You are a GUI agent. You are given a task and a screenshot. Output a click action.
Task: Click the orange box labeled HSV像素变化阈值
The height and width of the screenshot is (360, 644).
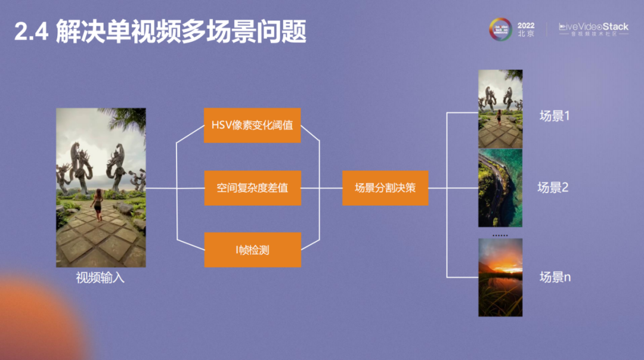click(x=252, y=125)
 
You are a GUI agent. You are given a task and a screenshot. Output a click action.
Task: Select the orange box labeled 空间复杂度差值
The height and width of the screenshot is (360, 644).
click(x=252, y=188)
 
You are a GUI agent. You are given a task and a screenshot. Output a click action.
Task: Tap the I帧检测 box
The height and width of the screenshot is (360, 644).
click(x=252, y=250)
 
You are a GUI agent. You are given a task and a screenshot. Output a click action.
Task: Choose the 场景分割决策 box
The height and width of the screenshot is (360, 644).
click(x=385, y=188)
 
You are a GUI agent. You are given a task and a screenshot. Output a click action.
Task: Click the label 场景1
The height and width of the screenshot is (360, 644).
click(x=555, y=116)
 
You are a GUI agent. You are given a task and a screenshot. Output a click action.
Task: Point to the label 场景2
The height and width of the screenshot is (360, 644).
click(x=553, y=188)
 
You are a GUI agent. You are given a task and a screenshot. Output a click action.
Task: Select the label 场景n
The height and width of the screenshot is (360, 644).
click(x=555, y=277)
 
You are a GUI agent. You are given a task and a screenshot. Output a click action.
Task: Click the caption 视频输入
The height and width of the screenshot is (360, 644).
click(x=100, y=278)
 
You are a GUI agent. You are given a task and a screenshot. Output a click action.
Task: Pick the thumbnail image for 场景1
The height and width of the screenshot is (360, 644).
click(x=500, y=109)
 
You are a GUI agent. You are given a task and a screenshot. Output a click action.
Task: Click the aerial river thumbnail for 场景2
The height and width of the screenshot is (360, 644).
click(x=500, y=188)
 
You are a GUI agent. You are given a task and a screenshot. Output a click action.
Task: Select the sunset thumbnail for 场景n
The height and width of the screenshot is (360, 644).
click(x=500, y=277)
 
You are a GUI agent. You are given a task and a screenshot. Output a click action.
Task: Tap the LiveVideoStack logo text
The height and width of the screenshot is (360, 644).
click(x=593, y=27)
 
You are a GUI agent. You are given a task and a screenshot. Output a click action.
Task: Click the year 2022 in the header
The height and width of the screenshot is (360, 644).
click(x=526, y=26)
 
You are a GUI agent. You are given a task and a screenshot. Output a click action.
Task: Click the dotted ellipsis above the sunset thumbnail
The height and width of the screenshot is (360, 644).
click(x=500, y=235)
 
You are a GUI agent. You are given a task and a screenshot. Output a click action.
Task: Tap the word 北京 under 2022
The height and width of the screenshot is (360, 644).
click(x=526, y=35)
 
